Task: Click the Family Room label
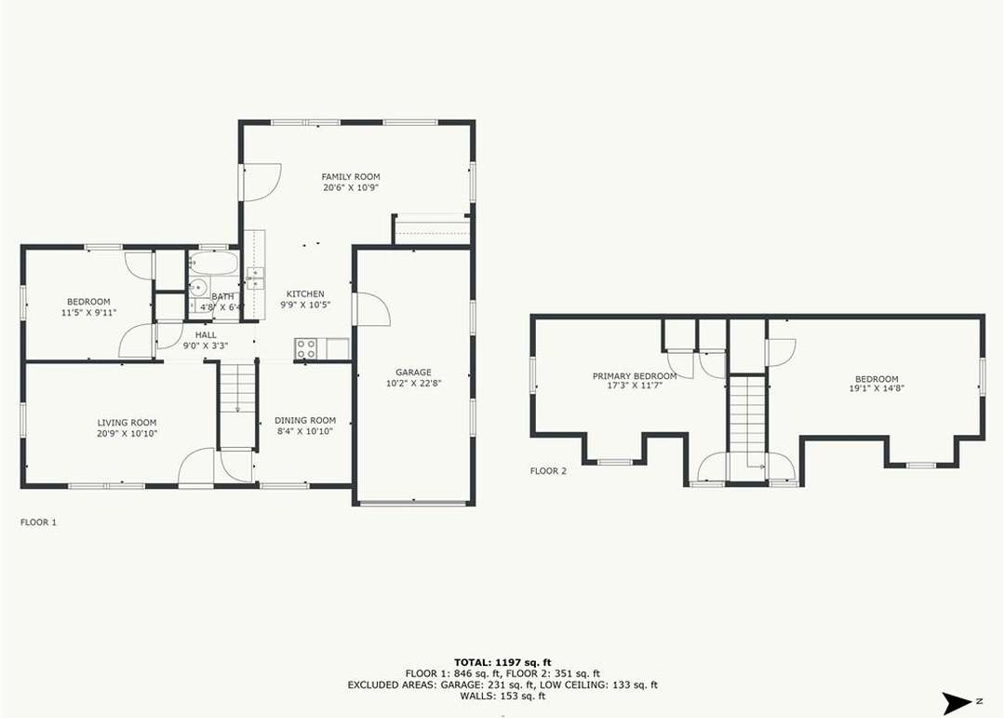[x=351, y=176]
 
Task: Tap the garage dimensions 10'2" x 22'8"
[x=413, y=384]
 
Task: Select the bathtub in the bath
[x=213, y=264]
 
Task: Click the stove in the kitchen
[x=306, y=348]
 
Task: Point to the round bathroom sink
[x=199, y=288]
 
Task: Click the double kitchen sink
[x=255, y=278]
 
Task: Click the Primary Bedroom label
[x=635, y=376]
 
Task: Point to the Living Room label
[x=127, y=423]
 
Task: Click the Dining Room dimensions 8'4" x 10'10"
[x=305, y=432]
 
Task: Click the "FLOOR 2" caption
[x=548, y=471]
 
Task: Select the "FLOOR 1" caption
[x=38, y=522]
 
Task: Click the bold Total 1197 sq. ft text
[x=502, y=662]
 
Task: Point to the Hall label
[x=206, y=335]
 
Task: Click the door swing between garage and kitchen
[x=372, y=308]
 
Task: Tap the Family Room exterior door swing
[x=261, y=181]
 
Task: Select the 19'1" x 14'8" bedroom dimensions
[x=877, y=388]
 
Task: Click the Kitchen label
[x=305, y=294]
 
